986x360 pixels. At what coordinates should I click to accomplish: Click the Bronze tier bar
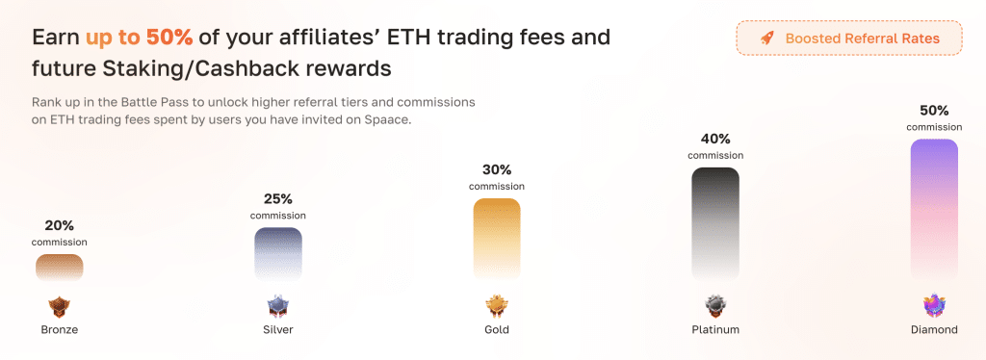(x=59, y=267)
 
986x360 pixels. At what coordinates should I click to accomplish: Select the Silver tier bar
(x=278, y=253)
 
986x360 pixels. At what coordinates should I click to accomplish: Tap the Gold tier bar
(x=497, y=239)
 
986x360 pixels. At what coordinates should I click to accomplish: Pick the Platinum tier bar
(x=715, y=223)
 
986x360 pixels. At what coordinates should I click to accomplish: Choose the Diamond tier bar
(x=934, y=209)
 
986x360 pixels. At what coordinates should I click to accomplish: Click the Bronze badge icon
(x=59, y=307)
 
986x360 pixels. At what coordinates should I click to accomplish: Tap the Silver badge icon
(x=278, y=307)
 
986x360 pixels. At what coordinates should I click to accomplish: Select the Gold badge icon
(x=497, y=307)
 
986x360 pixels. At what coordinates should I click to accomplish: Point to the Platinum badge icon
(x=715, y=307)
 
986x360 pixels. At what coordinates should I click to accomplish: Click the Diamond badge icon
(x=934, y=307)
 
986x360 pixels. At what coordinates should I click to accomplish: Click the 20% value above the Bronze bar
(x=59, y=225)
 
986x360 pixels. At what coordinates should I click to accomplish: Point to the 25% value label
(x=278, y=199)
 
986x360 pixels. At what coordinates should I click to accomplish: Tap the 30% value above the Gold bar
(x=497, y=169)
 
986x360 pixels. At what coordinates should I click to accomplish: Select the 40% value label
(x=715, y=139)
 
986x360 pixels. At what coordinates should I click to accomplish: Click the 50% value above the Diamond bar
(x=934, y=111)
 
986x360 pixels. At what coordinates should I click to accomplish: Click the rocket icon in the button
(x=766, y=39)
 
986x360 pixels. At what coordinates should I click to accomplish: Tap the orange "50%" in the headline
(x=169, y=38)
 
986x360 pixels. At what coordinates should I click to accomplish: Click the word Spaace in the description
(x=391, y=119)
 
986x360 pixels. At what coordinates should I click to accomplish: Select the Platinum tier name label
(x=715, y=329)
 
